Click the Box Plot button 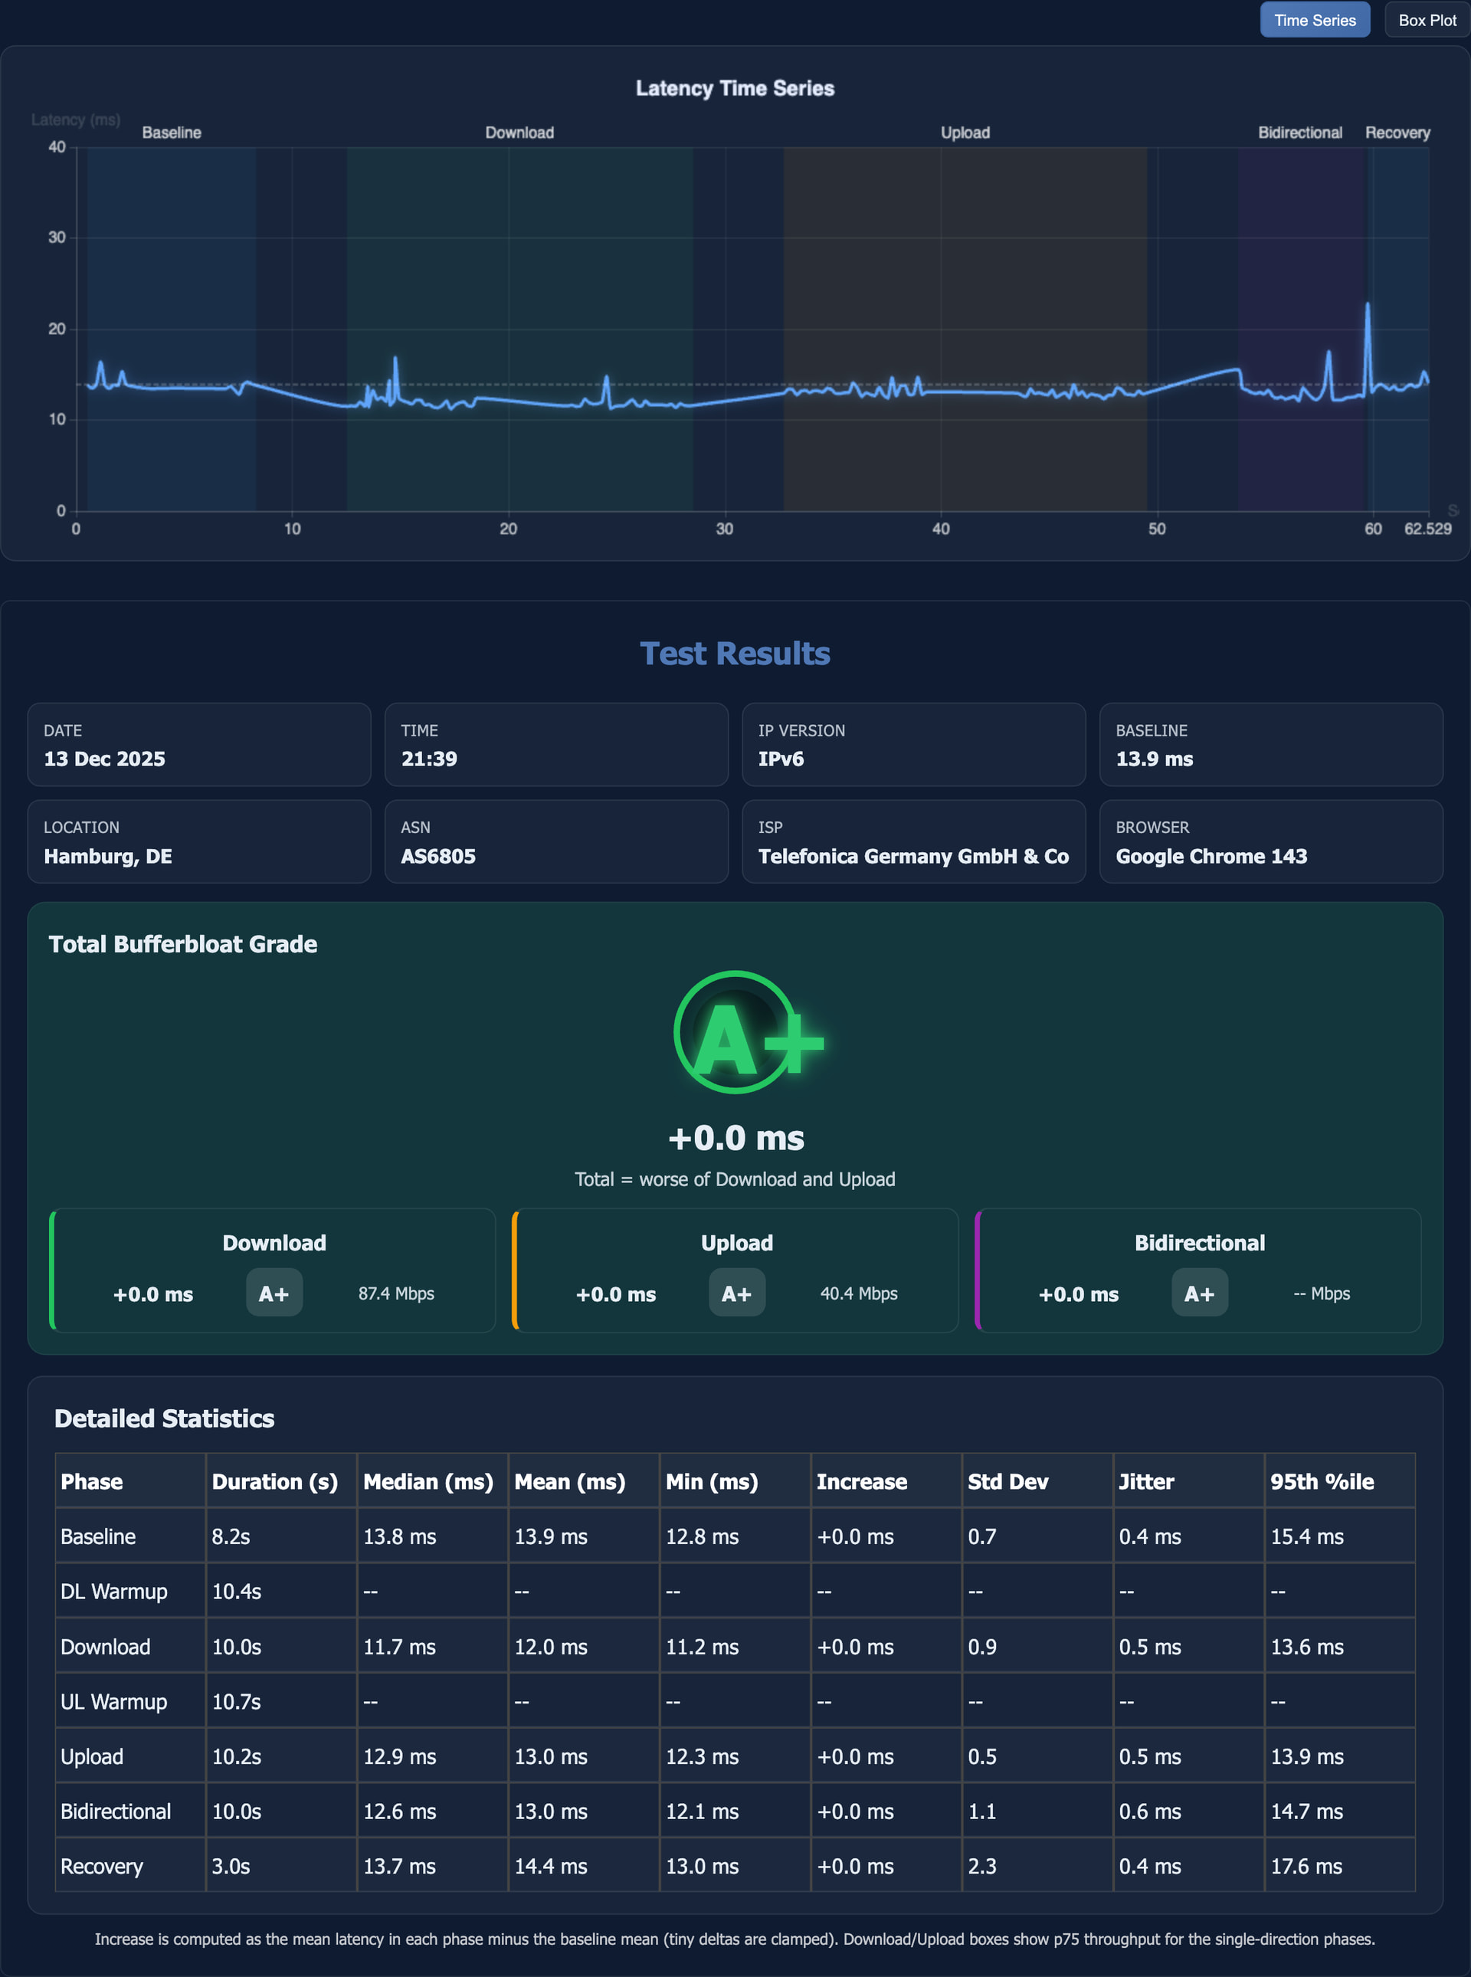1427,20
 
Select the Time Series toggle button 1314,20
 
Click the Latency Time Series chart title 735,88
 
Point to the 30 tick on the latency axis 57,238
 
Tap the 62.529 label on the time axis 1427,529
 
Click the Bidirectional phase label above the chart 1299,133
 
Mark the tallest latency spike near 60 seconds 1368,306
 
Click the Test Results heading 735,654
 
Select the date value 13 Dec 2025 104,759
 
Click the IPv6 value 781,759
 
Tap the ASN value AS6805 438,856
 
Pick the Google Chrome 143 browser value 1211,856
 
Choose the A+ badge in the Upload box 736,1293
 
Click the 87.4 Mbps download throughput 396,1293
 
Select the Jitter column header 1146,1482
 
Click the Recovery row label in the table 101,1867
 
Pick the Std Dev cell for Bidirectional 982,1811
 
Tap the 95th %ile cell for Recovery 1306,1867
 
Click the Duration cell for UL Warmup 236,1702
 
